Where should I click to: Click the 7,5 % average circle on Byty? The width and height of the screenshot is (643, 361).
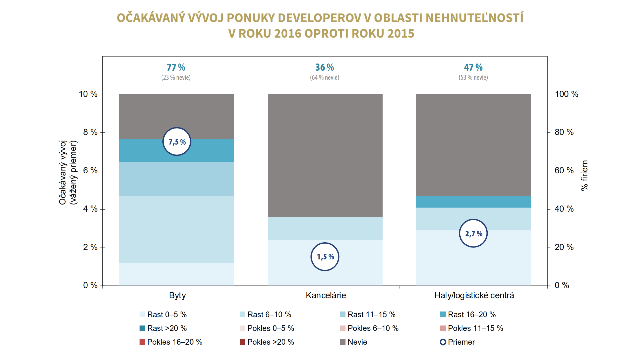177,141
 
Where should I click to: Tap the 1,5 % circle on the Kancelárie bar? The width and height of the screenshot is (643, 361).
325,257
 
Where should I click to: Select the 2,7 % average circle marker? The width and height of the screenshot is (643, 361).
473,233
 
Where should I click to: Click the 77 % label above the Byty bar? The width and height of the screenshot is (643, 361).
176,67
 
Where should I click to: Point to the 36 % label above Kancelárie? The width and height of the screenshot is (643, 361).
324,67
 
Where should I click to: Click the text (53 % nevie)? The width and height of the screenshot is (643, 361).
473,77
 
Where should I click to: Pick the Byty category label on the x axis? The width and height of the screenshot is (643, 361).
177,295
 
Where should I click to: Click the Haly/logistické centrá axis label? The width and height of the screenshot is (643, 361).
474,295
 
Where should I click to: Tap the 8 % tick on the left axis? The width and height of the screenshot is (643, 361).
90,132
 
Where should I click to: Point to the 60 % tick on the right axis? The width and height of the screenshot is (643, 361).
564,171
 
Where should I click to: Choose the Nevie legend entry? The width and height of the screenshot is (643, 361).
357,342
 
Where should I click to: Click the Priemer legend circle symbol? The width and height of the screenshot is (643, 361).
443,342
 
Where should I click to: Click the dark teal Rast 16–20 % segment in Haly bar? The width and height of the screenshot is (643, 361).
473,202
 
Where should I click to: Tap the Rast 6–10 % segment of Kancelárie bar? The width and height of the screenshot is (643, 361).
325,228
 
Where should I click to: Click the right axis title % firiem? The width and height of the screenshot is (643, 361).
584,175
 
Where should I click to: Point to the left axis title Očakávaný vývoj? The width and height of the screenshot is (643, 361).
63,172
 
